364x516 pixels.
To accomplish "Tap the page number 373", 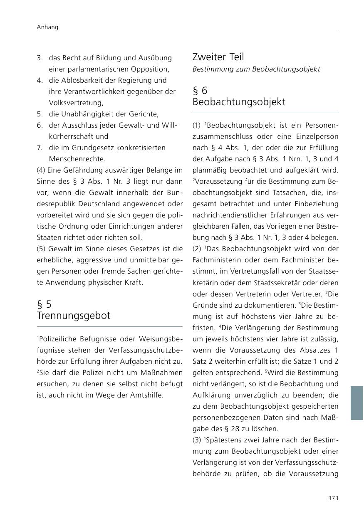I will point(333,498).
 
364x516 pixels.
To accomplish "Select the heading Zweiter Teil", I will point(218,57).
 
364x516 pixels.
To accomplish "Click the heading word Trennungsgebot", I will point(74,316).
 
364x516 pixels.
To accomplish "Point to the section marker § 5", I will point(44,304).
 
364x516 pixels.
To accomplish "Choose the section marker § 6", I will point(200,90).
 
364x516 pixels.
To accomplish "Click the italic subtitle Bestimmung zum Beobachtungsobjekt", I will point(256,69).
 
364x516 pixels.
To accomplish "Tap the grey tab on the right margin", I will point(357,403).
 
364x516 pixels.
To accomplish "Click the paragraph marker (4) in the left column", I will point(41,170).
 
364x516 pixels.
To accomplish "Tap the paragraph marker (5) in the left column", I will point(41,249).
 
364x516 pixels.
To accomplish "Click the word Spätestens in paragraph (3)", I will point(225,440).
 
